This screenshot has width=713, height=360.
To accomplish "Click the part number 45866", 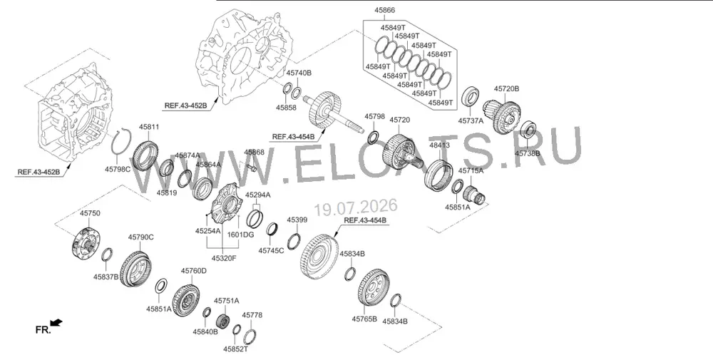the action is (385, 10).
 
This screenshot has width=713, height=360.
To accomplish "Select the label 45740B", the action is (299, 73).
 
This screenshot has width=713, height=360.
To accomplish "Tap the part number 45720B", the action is (506, 88).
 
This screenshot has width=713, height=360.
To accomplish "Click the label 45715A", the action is (470, 171).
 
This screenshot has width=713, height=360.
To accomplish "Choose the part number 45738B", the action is (528, 153).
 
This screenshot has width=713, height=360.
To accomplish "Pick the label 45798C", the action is (118, 169).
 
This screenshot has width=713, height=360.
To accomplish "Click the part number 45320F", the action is (224, 258).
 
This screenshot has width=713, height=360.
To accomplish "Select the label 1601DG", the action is (240, 235).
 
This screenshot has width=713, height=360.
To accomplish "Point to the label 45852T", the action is (235, 349).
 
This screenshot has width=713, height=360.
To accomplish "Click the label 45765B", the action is (364, 319).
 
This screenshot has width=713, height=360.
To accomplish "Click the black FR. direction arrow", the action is (56, 323).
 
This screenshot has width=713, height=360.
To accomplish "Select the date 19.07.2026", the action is (356, 207).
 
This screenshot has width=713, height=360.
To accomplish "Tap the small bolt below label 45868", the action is (252, 169).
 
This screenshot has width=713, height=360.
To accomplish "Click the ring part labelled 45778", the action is (248, 336).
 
